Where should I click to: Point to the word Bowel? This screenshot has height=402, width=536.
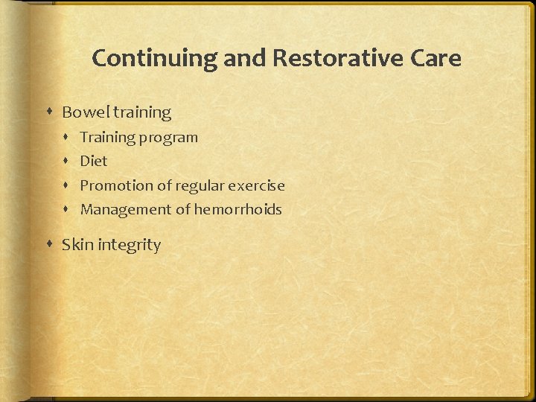tap(84, 112)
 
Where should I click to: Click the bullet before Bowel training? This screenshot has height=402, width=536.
tap(49, 112)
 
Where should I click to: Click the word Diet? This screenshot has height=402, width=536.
tap(94, 161)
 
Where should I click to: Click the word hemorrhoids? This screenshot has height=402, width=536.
tap(238, 209)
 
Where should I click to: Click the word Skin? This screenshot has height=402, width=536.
tap(77, 245)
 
